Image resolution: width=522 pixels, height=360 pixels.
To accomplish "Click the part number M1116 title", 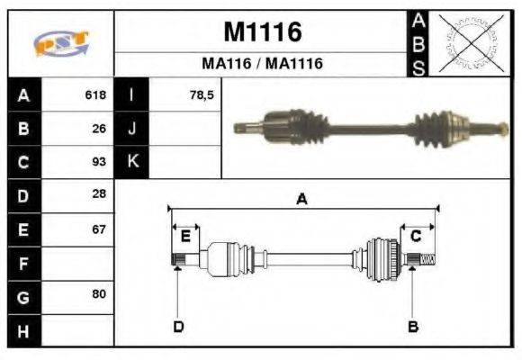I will click(262, 32).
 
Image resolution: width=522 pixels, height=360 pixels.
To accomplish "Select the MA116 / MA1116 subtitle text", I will click(262, 64).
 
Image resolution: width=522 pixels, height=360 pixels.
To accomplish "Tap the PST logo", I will click(60, 44).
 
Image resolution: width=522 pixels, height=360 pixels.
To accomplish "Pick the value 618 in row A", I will click(95, 94).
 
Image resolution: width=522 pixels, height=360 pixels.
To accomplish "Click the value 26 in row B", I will click(99, 128).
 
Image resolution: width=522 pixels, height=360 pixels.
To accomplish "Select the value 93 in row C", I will click(99, 162).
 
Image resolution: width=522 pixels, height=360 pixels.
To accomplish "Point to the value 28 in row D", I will click(99, 194).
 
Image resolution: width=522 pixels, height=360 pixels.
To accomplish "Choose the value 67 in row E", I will click(99, 229).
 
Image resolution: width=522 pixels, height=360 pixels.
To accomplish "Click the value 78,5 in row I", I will click(202, 94).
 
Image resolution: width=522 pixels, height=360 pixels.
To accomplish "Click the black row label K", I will click(132, 162).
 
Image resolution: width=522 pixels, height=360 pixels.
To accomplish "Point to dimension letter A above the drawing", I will click(302, 200).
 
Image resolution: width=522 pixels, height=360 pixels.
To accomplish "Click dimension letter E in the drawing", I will click(185, 236).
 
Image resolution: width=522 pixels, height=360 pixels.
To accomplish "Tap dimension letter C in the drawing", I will click(416, 236).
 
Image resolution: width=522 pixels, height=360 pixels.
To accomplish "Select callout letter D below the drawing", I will click(178, 326).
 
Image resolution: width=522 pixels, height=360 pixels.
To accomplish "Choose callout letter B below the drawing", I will click(413, 326).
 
